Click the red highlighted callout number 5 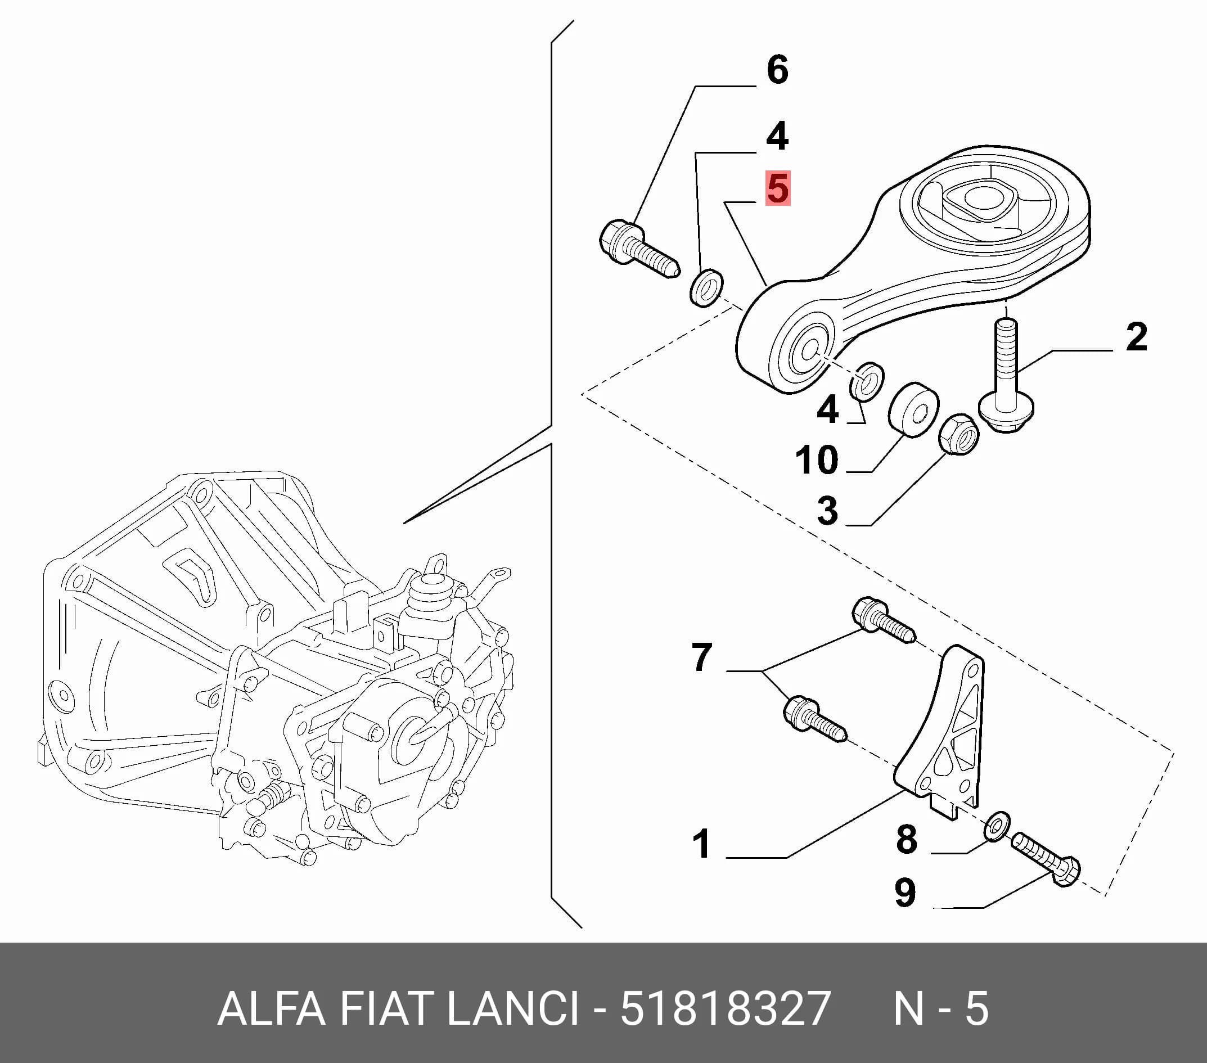pyautogui.click(x=778, y=188)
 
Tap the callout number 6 pyautogui.click(x=777, y=70)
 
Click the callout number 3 pyautogui.click(x=827, y=510)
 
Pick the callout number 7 pyautogui.click(x=701, y=657)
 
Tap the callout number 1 pyautogui.click(x=701, y=843)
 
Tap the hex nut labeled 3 pyautogui.click(x=958, y=435)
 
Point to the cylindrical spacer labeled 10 pyautogui.click(x=913, y=410)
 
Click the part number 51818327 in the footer pyautogui.click(x=726, y=1009)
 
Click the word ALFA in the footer pyautogui.click(x=271, y=1009)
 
